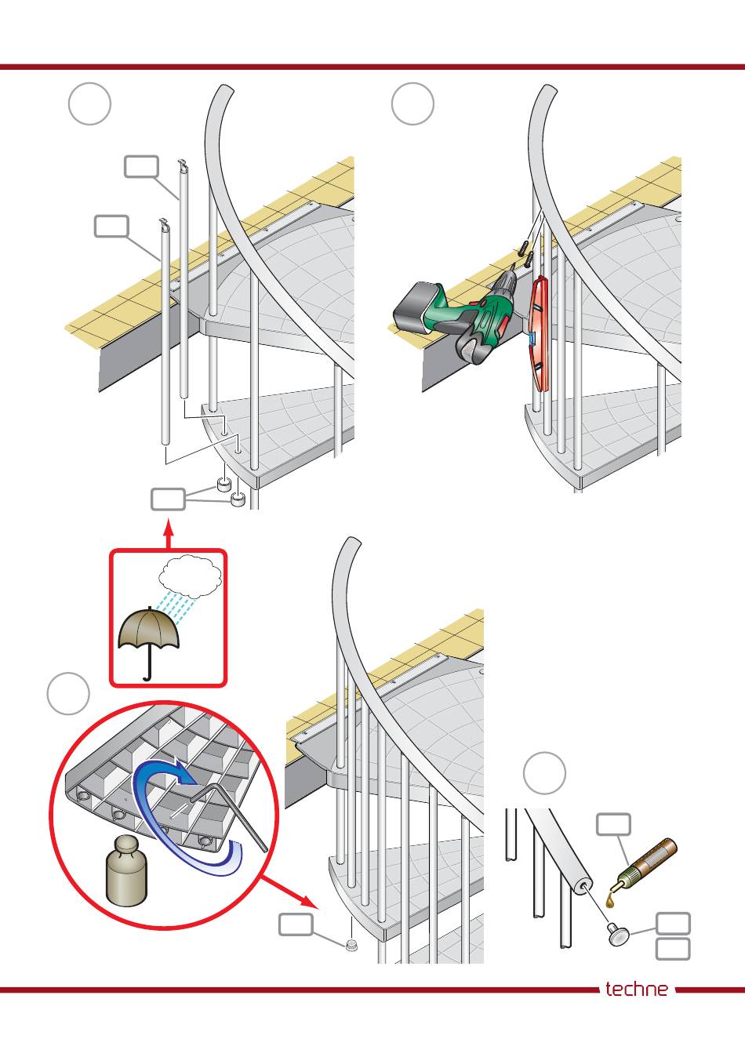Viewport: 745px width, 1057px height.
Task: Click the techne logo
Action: [x=637, y=989]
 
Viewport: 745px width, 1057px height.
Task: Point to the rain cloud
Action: [x=191, y=576]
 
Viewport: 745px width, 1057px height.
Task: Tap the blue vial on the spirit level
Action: [x=531, y=339]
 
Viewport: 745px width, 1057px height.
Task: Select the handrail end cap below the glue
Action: [x=620, y=933]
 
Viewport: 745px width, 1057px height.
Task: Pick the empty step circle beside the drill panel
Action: [x=412, y=104]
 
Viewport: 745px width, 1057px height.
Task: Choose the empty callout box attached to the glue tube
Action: [x=613, y=824]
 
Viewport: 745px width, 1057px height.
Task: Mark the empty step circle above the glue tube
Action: [x=544, y=772]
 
